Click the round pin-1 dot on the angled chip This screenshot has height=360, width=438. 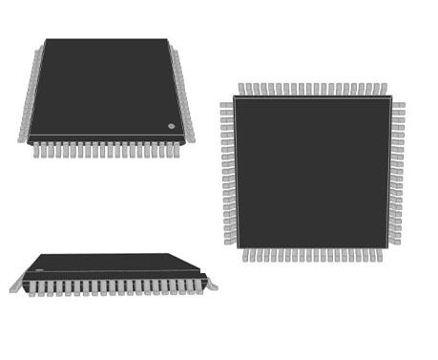(172, 126)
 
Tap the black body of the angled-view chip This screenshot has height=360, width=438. (105, 88)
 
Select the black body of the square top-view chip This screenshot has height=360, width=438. (312, 172)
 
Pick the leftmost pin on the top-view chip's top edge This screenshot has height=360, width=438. (242, 89)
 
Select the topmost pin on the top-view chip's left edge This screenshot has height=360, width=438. (226, 102)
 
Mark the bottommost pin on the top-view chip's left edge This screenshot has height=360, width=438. (229, 241)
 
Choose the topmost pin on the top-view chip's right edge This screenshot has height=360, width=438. (398, 104)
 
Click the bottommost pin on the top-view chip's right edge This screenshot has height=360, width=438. (395, 241)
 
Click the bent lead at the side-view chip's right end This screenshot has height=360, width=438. (210, 284)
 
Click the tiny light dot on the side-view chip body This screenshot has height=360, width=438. (39, 271)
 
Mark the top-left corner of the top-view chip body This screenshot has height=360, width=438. (235, 97)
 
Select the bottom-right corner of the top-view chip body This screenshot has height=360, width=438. (388, 247)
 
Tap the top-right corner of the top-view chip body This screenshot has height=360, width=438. (390, 97)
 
